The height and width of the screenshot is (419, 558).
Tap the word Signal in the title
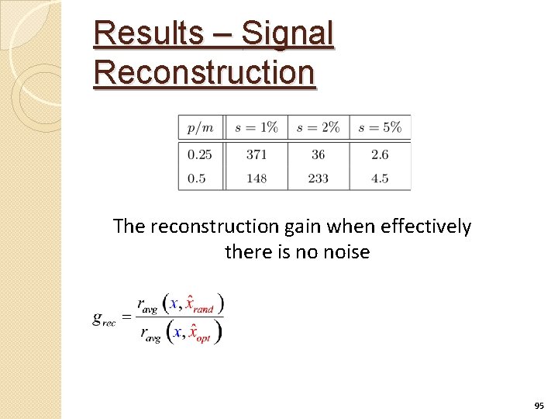pos(288,33)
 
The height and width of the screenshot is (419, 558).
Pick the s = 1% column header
pos(256,127)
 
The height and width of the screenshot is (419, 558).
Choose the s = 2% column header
pos(318,127)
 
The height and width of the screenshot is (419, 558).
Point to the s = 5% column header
pos(380,127)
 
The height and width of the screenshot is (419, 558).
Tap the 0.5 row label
pos(197,178)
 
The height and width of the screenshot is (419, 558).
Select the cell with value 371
pos(257,154)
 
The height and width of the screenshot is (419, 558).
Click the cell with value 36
pos(318,154)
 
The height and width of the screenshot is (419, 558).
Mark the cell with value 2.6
pos(380,154)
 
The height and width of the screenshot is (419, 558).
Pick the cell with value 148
pos(257,178)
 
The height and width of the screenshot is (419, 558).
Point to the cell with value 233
pos(318,178)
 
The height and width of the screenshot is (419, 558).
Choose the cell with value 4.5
pos(380,178)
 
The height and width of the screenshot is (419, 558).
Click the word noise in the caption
pos(343,252)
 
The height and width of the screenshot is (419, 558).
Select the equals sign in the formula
pos(126,317)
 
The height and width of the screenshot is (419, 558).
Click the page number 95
pos(539,406)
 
